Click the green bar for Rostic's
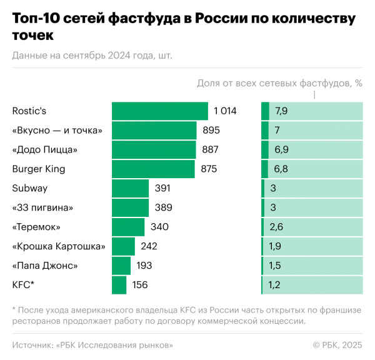160,111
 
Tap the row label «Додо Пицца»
45,149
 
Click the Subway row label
30,188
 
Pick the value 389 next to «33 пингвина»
163,207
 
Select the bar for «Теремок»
128,227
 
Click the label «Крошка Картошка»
59,246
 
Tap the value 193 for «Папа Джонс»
144,266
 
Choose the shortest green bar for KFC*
119,285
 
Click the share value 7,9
281,111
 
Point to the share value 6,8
281,169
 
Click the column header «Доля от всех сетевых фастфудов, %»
280,82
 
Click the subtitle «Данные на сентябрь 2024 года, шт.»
92,55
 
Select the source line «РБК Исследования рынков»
115,344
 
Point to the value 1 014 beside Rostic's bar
225,111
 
